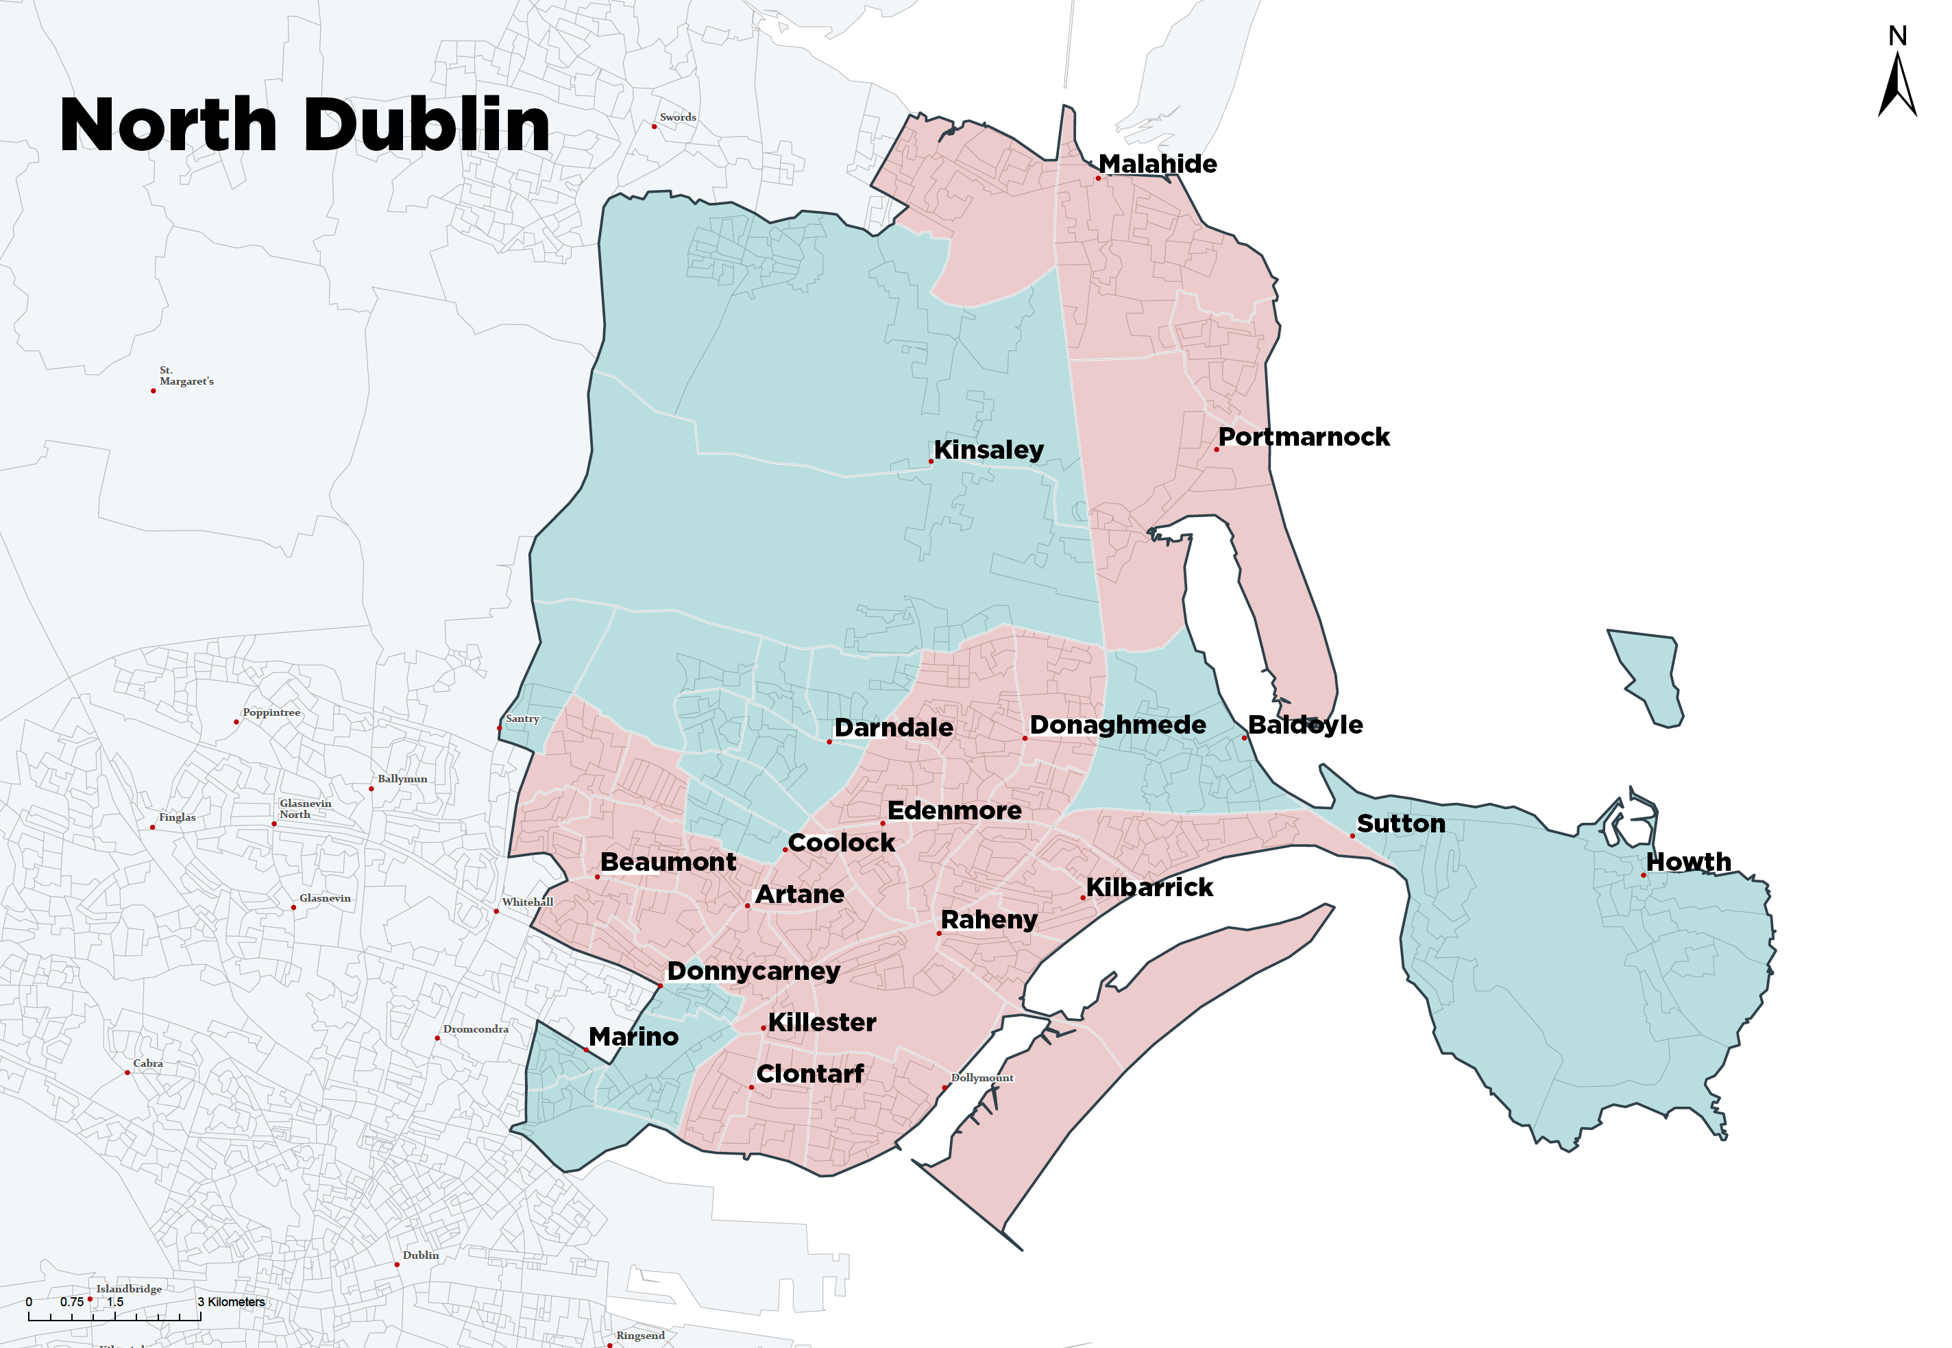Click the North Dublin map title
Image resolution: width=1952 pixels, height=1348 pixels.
pos(305,125)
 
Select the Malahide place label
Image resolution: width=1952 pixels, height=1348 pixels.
pos(1157,164)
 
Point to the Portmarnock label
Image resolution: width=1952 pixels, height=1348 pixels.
pos(1303,437)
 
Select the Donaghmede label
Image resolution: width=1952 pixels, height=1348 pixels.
pos(1117,725)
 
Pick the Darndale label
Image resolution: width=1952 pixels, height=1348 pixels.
pos(893,727)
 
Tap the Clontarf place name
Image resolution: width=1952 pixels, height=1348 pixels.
pos(809,1074)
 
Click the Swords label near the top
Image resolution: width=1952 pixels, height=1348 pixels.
pos(677,117)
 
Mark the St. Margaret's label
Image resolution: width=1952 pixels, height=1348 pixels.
pos(186,376)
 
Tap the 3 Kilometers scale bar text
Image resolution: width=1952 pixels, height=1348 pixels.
pos(232,1301)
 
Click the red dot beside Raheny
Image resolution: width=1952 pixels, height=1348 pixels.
pos(939,933)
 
